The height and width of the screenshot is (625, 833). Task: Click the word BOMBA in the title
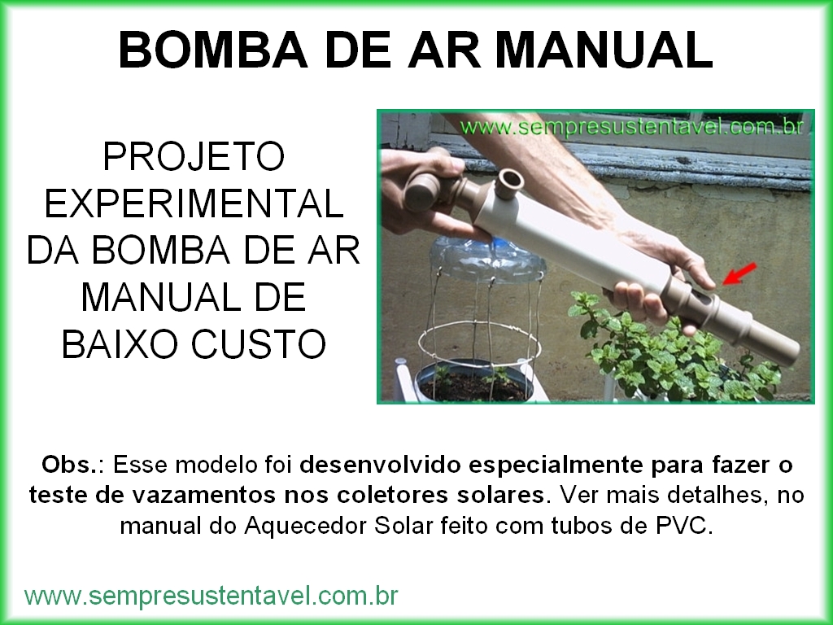coord(213,50)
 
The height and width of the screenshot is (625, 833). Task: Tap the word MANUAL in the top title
coord(605,50)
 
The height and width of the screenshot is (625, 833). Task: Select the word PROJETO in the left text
coord(194,156)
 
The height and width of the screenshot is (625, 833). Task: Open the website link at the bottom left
coord(211,596)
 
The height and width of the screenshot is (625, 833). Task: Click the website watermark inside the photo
coord(631,128)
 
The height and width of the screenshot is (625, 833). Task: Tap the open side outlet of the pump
coord(509,184)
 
